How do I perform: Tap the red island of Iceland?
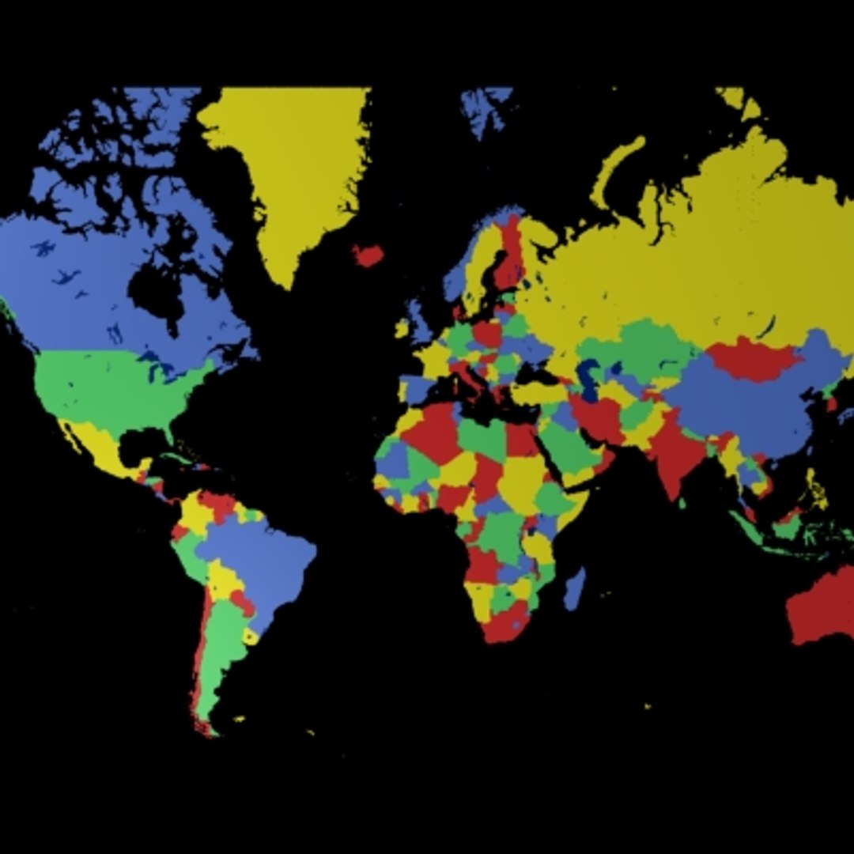[x=368, y=255]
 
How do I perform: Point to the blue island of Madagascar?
[x=575, y=590]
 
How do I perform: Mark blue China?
[x=743, y=411]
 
